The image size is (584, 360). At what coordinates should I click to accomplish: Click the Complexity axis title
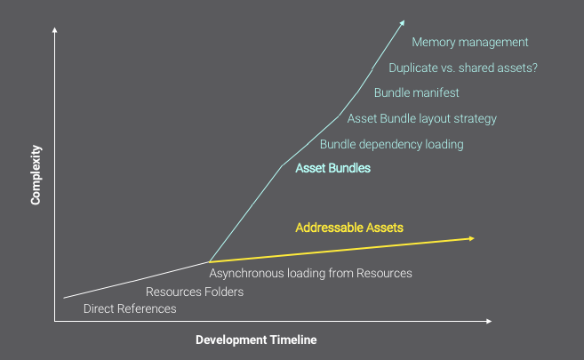36,174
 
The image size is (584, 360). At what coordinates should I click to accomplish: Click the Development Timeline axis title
256,340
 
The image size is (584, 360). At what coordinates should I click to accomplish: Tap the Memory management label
469,43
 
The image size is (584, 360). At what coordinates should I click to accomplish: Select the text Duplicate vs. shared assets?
463,68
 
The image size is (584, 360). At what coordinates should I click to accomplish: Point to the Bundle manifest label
416,92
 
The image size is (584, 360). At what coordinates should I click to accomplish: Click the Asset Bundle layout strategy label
422,119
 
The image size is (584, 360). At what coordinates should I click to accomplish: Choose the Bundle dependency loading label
392,145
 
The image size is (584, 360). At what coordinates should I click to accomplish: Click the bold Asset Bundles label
333,168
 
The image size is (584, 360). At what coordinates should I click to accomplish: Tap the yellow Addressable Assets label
349,228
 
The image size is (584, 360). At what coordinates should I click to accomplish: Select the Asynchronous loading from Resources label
310,273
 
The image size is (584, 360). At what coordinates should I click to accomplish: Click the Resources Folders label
195,292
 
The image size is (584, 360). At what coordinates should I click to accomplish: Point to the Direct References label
130,308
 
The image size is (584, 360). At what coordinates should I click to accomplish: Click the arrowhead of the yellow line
472,238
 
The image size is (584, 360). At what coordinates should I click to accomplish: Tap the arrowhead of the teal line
403,23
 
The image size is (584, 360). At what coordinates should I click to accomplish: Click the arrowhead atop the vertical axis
55,29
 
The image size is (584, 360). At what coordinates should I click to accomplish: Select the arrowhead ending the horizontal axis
489,321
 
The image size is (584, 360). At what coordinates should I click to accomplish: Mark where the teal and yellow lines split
209,262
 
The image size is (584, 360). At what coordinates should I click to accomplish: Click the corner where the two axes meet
55,321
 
